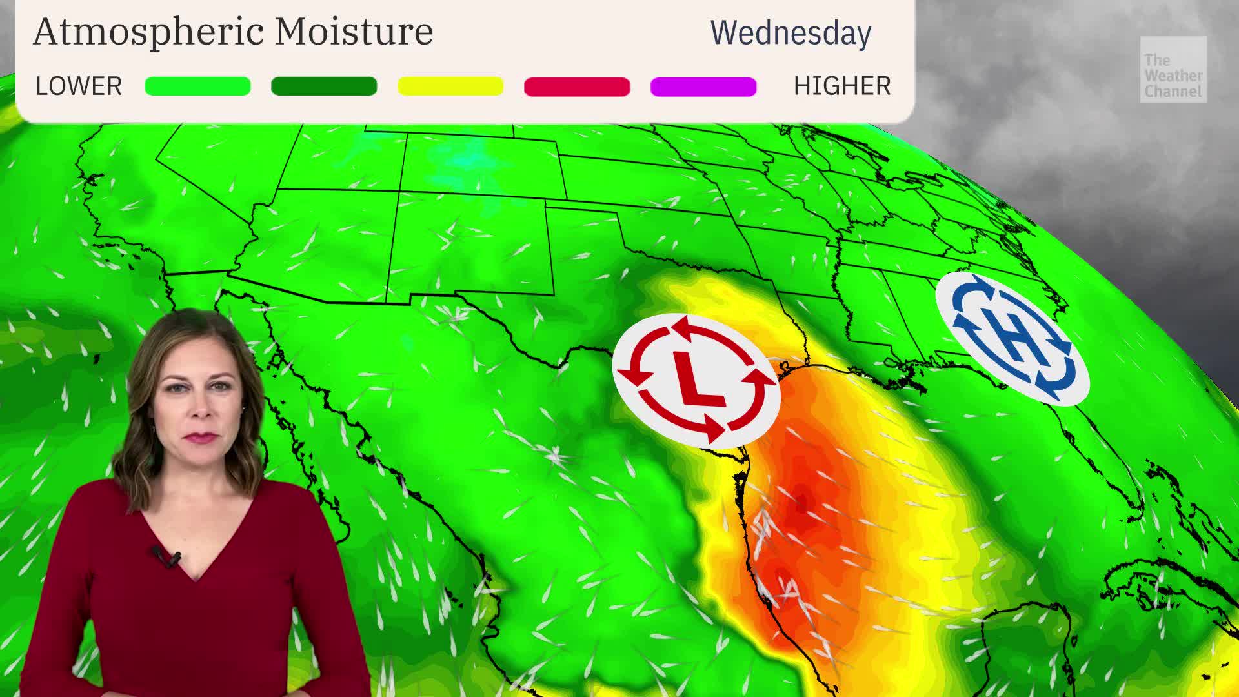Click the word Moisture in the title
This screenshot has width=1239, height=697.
tap(354, 31)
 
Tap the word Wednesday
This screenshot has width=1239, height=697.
tap(791, 33)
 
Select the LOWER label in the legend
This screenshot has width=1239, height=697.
tap(79, 86)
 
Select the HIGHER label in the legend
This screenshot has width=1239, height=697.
tap(842, 86)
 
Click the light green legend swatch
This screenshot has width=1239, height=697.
tap(197, 86)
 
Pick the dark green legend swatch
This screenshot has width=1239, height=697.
tap(324, 86)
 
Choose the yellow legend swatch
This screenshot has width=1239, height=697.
tap(450, 86)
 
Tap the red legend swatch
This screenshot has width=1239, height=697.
tap(577, 86)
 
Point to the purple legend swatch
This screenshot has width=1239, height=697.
tap(703, 86)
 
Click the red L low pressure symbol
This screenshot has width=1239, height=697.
tap(696, 380)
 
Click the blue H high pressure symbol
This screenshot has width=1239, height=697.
tap(1012, 338)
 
